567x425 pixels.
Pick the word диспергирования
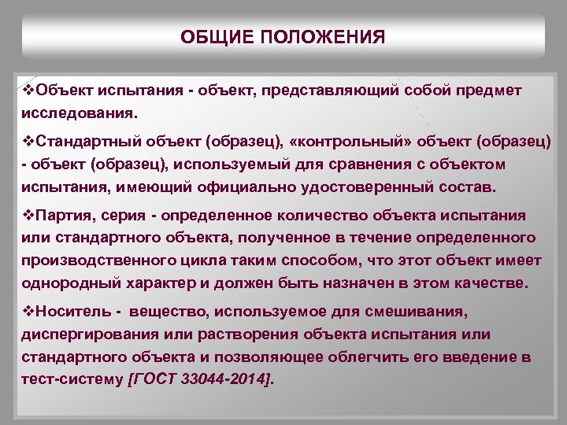[x=92, y=333]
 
